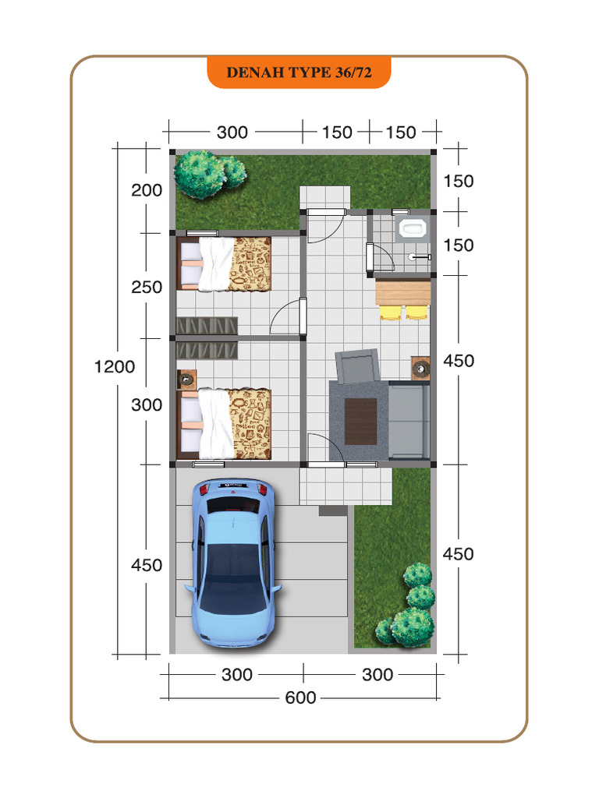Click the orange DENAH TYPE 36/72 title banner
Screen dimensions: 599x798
pyautogui.click(x=299, y=72)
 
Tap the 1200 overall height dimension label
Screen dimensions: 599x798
pyautogui.click(x=115, y=366)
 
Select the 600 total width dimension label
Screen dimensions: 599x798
pyautogui.click(x=300, y=697)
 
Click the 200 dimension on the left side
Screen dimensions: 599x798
pyautogui.click(x=147, y=190)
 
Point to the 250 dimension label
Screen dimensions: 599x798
pyautogui.click(x=147, y=287)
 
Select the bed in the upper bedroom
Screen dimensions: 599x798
pyautogui.click(x=224, y=263)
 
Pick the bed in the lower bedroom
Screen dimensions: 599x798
pyautogui.click(x=224, y=424)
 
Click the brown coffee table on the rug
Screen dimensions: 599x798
pyautogui.click(x=361, y=422)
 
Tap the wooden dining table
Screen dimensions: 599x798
pyautogui.click(x=403, y=292)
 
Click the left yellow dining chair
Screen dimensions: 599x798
pyautogui.click(x=391, y=312)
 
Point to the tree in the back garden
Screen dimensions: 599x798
pyautogui.click(x=210, y=174)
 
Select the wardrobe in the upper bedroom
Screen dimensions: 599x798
pyautogui.click(x=207, y=326)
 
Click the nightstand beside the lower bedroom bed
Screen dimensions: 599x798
pyautogui.click(x=186, y=380)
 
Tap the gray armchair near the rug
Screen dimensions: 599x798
pyautogui.click(x=357, y=365)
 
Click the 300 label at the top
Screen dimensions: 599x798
pyautogui.click(x=232, y=132)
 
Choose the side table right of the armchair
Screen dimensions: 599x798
pyautogui.click(x=420, y=367)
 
